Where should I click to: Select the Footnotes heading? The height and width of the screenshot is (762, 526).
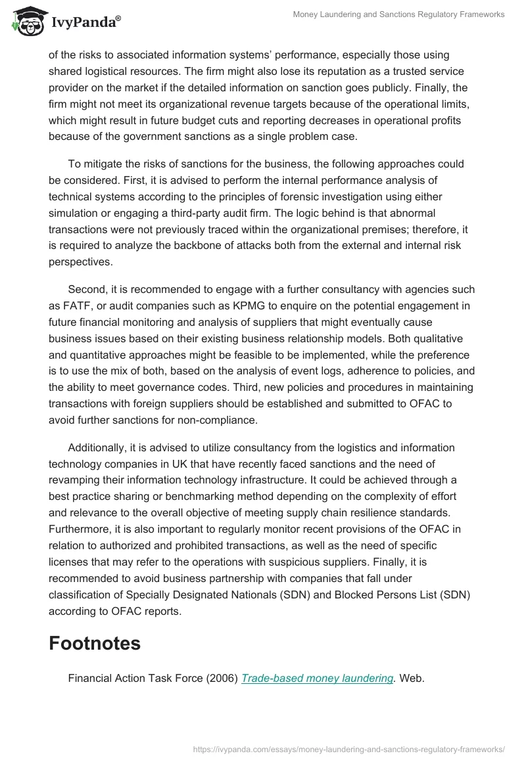(95, 643)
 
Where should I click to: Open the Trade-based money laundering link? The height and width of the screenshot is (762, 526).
(317, 679)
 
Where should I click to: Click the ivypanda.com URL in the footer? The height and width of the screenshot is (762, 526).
(349, 748)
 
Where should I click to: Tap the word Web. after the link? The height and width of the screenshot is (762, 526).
(412, 679)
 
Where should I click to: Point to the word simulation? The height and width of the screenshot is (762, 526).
(75, 213)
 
